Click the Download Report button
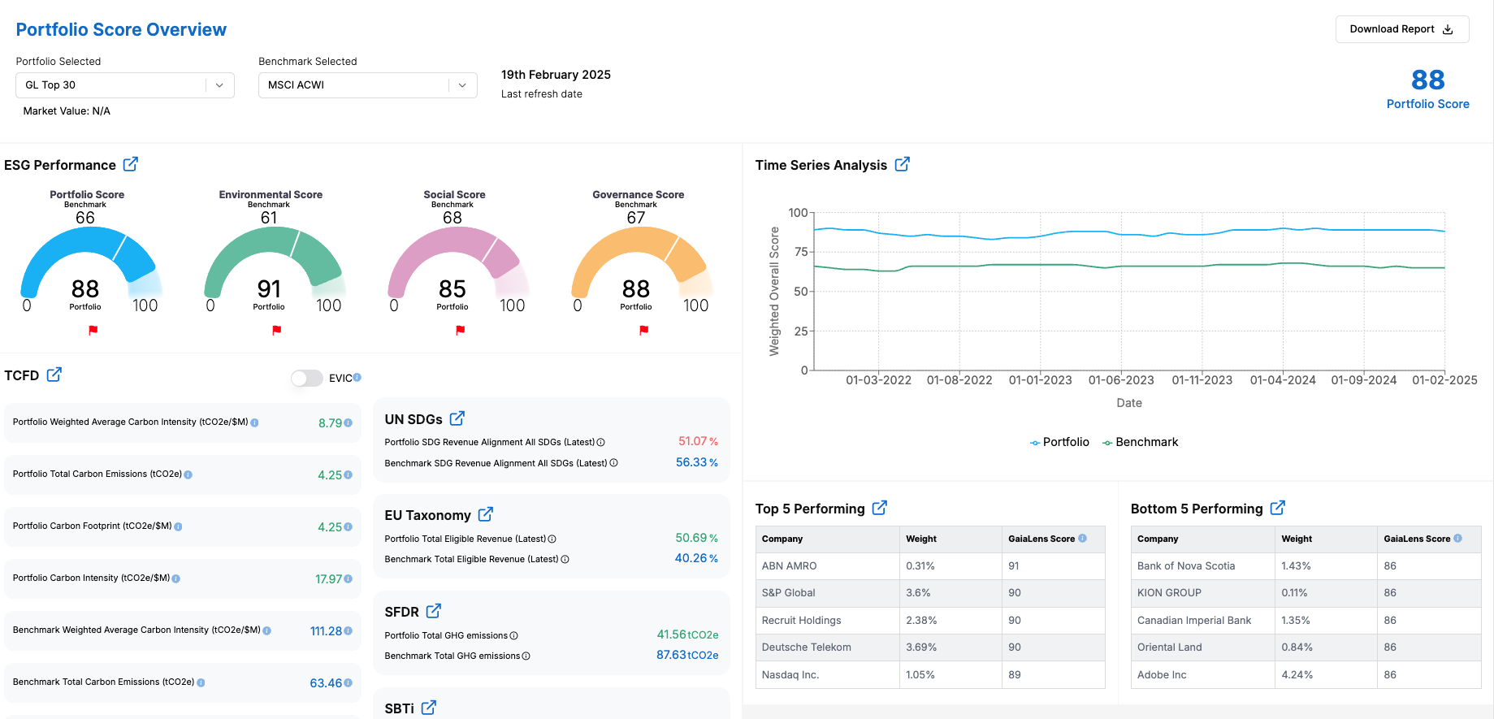(x=1401, y=29)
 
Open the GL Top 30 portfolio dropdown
(x=125, y=85)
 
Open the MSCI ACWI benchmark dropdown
(x=367, y=85)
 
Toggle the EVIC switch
(x=307, y=378)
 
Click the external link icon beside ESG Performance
(x=131, y=164)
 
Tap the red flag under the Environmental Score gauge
(x=277, y=330)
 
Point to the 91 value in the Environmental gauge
(x=269, y=289)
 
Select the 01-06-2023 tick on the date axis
(x=1121, y=380)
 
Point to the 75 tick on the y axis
(x=801, y=252)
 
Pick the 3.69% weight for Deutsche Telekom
(x=921, y=648)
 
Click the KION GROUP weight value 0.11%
(x=1294, y=593)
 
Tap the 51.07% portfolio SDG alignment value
(x=697, y=441)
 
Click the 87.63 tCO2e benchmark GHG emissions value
(x=686, y=655)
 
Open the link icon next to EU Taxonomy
(x=486, y=514)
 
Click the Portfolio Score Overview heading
(x=121, y=30)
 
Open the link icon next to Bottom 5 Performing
(x=1278, y=508)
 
